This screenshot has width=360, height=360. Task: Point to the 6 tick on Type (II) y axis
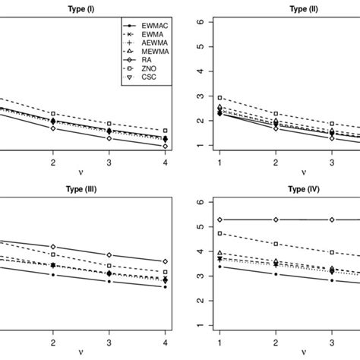click(x=200, y=22)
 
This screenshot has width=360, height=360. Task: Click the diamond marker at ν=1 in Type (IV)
click(x=219, y=219)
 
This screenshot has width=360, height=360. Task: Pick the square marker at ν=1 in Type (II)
click(x=219, y=98)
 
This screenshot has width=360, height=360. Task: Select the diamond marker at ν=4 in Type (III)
click(x=165, y=261)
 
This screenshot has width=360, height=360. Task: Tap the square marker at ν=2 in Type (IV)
click(x=276, y=244)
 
